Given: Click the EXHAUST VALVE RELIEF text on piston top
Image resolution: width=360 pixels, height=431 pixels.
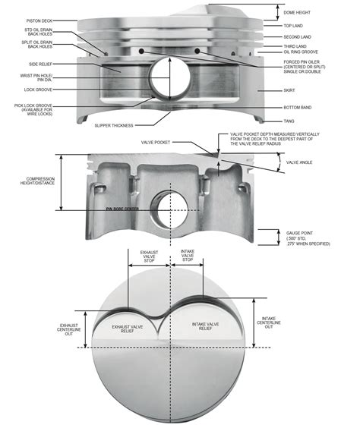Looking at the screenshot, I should point(134,328).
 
